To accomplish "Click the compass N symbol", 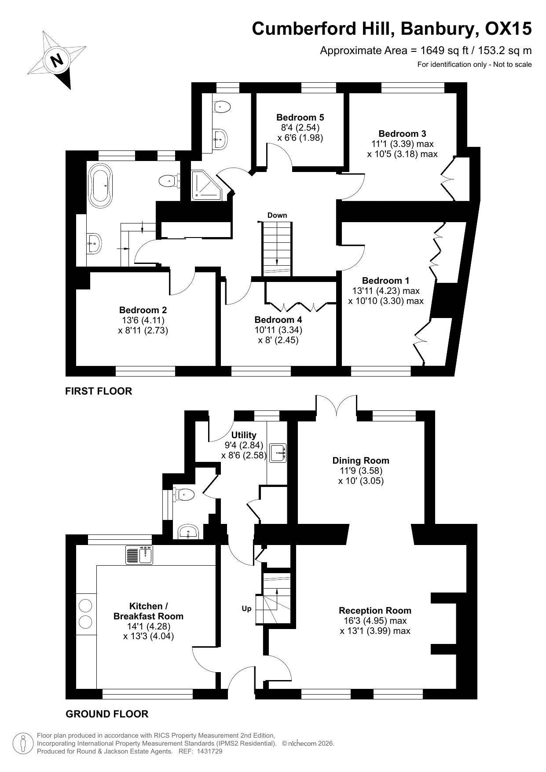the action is click(x=56, y=60).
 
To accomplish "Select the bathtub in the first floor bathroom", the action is click(x=101, y=185).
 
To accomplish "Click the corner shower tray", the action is click(x=208, y=185).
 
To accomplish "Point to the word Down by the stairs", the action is click(x=277, y=215).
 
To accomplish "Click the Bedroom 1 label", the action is click(x=385, y=281).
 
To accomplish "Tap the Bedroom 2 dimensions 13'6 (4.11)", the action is click(x=143, y=320).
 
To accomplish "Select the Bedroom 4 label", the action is click(x=278, y=320).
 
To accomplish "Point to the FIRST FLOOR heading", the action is click(x=99, y=391).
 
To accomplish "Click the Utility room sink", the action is click(x=278, y=453).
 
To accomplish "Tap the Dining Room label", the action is click(x=361, y=461).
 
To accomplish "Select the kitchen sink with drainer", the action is click(x=139, y=555).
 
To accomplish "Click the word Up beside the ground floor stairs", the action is click(x=246, y=609).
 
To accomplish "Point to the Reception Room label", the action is click(x=375, y=611).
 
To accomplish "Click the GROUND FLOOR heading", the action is click(x=107, y=714).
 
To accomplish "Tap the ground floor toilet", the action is click(x=184, y=495).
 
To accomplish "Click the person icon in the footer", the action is click(x=23, y=743).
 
